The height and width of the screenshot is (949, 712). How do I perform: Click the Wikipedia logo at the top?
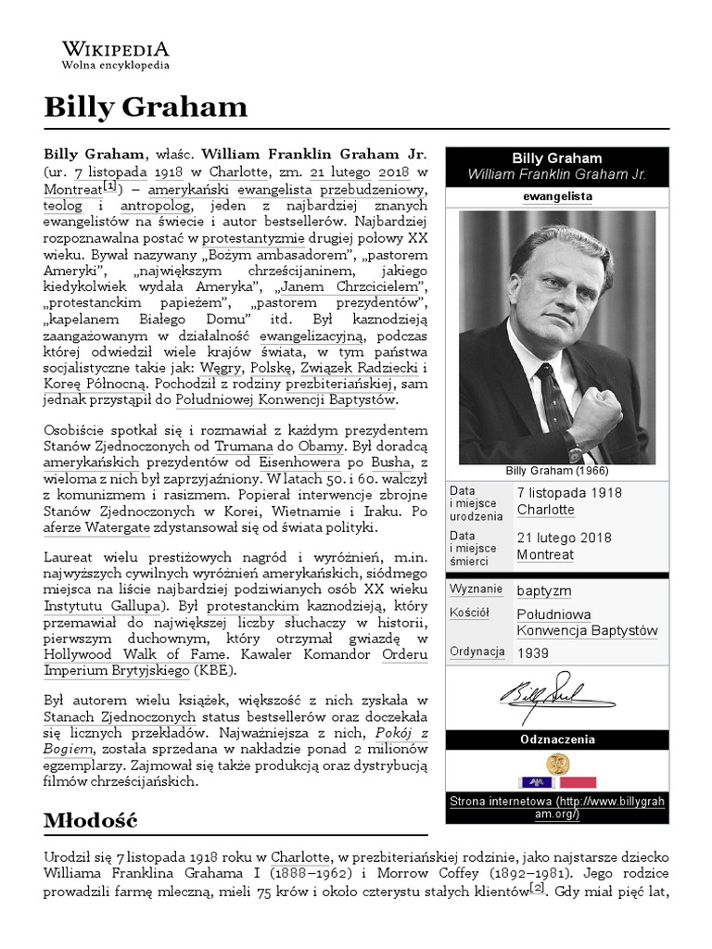[115, 56]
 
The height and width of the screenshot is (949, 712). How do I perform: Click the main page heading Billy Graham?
[146, 108]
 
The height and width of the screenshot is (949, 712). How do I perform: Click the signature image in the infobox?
[556, 694]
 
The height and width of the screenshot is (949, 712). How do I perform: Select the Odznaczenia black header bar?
[556, 740]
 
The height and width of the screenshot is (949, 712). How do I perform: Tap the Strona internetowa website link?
[556, 808]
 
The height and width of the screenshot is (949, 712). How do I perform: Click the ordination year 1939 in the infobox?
[532, 652]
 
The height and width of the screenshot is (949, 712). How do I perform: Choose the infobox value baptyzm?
[543, 590]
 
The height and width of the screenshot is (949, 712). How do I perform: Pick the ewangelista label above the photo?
[556, 196]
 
